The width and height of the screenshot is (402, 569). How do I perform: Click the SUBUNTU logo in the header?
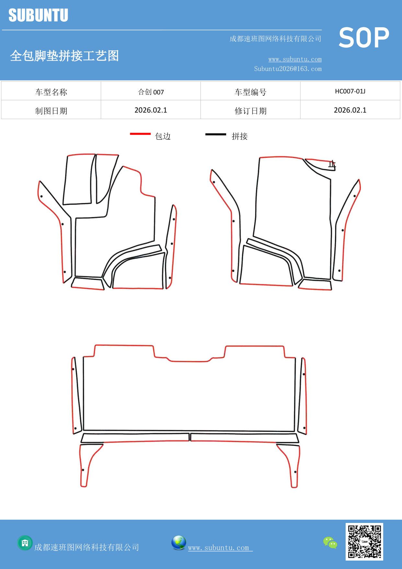click(x=38, y=15)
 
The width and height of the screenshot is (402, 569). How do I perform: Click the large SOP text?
click(x=364, y=38)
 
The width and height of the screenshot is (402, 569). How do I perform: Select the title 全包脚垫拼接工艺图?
click(x=64, y=56)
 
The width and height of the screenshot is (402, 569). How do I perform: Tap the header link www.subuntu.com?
click(x=295, y=59)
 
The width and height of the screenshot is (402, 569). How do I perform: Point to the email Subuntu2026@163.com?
click(x=288, y=69)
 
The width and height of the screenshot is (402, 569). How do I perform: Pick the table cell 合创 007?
click(x=151, y=92)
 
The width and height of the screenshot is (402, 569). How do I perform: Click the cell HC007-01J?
click(x=350, y=91)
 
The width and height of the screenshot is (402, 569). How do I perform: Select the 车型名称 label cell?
click(x=51, y=92)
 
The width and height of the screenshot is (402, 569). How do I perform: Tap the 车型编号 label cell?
click(x=250, y=92)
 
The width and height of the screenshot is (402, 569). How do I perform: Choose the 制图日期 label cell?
click(x=51, y=111)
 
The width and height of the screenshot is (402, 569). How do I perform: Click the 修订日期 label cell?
click(x=250, y=111)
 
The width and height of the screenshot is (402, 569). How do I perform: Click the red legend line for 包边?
click(x=140, y=134)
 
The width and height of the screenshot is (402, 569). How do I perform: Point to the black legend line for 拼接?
click(x=215, y=134)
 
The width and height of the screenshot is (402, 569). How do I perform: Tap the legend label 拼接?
click(x=239, y=136)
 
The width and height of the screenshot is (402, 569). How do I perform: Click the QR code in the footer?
click(x=364, y=541)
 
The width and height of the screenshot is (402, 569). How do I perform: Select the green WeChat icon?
click(x=330, y=542)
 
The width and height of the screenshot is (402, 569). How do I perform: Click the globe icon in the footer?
click(x=178, y=543)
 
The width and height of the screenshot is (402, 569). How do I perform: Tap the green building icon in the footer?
click(x=25, y=543)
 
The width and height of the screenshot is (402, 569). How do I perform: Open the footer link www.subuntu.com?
click(x=219, y=548)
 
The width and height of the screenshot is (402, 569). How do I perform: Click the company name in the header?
click(x=275, y=39)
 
